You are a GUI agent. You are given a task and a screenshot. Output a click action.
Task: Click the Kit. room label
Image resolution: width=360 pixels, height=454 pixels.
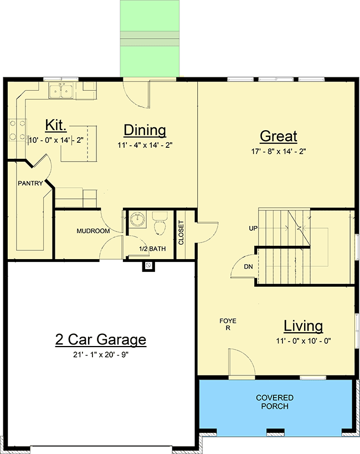coord(58,123)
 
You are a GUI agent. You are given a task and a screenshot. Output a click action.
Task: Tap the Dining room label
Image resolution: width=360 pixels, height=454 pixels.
coord(145,130)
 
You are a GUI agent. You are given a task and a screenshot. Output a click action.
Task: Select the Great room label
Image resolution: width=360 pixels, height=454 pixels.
coord(279,136)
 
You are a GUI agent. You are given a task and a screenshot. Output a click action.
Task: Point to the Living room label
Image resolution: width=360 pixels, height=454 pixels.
coord(303,326)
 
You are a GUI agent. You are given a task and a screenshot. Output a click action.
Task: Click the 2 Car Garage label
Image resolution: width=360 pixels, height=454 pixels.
coord(101,339)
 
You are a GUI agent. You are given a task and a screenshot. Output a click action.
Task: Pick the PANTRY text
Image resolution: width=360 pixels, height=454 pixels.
coord(30,183)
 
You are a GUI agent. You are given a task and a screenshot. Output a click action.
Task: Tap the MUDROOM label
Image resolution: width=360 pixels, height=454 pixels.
coord(93,231)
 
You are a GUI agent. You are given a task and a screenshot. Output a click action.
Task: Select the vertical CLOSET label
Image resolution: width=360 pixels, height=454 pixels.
coord(181,233)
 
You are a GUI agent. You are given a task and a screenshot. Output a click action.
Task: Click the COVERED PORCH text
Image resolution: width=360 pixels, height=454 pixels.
coord(275,402)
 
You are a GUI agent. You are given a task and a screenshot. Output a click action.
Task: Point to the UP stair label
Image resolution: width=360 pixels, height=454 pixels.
coord(253,228)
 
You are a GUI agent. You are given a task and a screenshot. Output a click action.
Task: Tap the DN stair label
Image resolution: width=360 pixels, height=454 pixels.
coord(249,266)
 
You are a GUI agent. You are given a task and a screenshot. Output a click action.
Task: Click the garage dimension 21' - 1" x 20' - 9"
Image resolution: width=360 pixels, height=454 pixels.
coord(101,354)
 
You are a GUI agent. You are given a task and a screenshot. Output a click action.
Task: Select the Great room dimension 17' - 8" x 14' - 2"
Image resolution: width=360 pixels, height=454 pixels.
coord(279,151)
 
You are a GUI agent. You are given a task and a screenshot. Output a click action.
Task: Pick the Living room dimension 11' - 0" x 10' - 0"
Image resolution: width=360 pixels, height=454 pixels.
coord(303,341)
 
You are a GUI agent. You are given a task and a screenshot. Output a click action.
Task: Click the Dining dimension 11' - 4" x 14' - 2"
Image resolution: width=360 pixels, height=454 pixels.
coord(145,146)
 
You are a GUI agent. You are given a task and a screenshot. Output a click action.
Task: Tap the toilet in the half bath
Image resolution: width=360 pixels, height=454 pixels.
coord(160,225)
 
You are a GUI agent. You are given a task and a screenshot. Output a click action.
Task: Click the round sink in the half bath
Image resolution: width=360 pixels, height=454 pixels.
coord(136,220)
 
